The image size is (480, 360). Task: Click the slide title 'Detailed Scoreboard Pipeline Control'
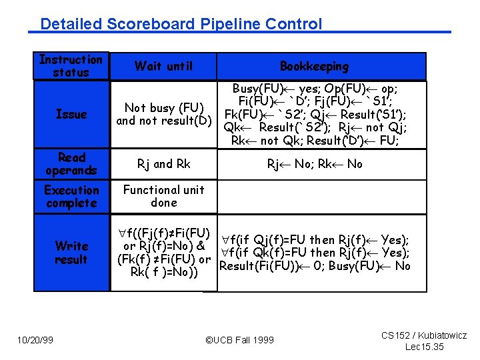click(181, 24)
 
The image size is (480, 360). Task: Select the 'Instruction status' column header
click(71, 66)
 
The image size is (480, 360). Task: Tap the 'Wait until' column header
click(163, 66)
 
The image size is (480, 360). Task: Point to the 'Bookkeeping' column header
click(314, 66)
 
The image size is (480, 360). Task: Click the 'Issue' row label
click(71, 114)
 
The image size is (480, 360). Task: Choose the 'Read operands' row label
click(71, 164)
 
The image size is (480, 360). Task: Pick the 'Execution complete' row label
click(71, 197)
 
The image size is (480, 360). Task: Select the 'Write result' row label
click(71, 253)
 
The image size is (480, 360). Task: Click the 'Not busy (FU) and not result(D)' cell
click(164, 114)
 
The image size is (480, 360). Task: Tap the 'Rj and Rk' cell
click(164, 164)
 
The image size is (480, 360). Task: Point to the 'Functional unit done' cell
click(164, 196)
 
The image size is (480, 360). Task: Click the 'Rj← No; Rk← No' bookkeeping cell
click(315, 164)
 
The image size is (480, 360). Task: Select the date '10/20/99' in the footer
click(35, 340)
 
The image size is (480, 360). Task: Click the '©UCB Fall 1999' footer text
click(239, 340)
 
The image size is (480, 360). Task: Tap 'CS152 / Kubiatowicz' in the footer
click(424, 335)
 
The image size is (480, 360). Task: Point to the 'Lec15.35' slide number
click(425, 347)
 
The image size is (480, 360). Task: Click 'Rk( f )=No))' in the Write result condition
click(164, 273)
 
